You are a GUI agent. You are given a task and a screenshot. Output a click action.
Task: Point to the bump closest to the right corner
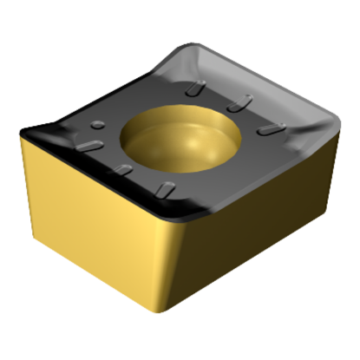coord(272,128)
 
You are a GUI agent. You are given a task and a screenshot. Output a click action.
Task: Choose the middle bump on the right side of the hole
coord(234,105)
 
